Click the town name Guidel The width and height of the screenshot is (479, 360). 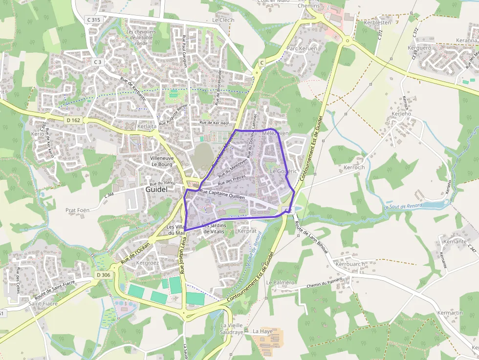coord(156,190)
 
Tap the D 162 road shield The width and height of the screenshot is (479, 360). coord(73,120)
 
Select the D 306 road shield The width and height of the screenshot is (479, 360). coord(104,275)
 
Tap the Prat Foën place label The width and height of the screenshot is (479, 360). coord(77,210)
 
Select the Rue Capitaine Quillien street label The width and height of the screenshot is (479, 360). coord(222,194)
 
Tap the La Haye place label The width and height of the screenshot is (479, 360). coord(262,331)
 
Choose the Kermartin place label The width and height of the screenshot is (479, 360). coord(450,313)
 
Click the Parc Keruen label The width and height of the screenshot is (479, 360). coord(302,48)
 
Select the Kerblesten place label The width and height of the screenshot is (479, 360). coord(377,22)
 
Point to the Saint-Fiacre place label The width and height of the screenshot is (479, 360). coord(43,303)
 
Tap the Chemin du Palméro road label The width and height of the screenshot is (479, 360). coord(325,283)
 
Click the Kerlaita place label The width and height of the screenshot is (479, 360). coord(147,126)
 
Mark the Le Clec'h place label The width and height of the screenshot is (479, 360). coord(223,21)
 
